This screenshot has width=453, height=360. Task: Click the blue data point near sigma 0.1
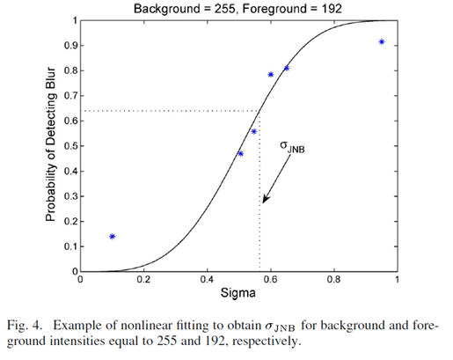click(113, 236)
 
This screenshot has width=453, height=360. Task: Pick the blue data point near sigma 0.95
click(381, 41)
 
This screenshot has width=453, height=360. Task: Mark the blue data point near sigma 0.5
click(240, 153)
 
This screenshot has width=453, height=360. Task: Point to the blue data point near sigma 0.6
click(270, 75)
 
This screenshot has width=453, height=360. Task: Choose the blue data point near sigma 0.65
click(286, 68)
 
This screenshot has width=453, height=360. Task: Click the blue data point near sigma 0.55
click(254, 131)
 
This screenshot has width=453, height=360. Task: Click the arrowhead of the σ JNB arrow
click(264, 202)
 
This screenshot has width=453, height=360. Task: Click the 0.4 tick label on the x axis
click(207, 281)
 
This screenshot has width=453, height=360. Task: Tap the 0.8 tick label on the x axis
click(333, 281)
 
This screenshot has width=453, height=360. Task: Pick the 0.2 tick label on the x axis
click(143, 281)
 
